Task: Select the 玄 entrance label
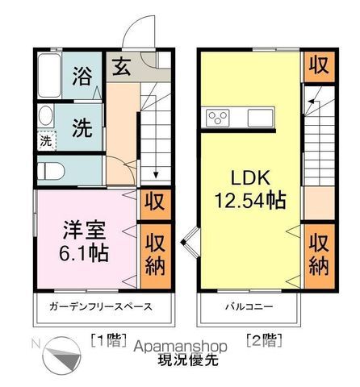point(121,67)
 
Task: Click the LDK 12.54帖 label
point(250,188)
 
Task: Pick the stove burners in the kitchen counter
point(218,118)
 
